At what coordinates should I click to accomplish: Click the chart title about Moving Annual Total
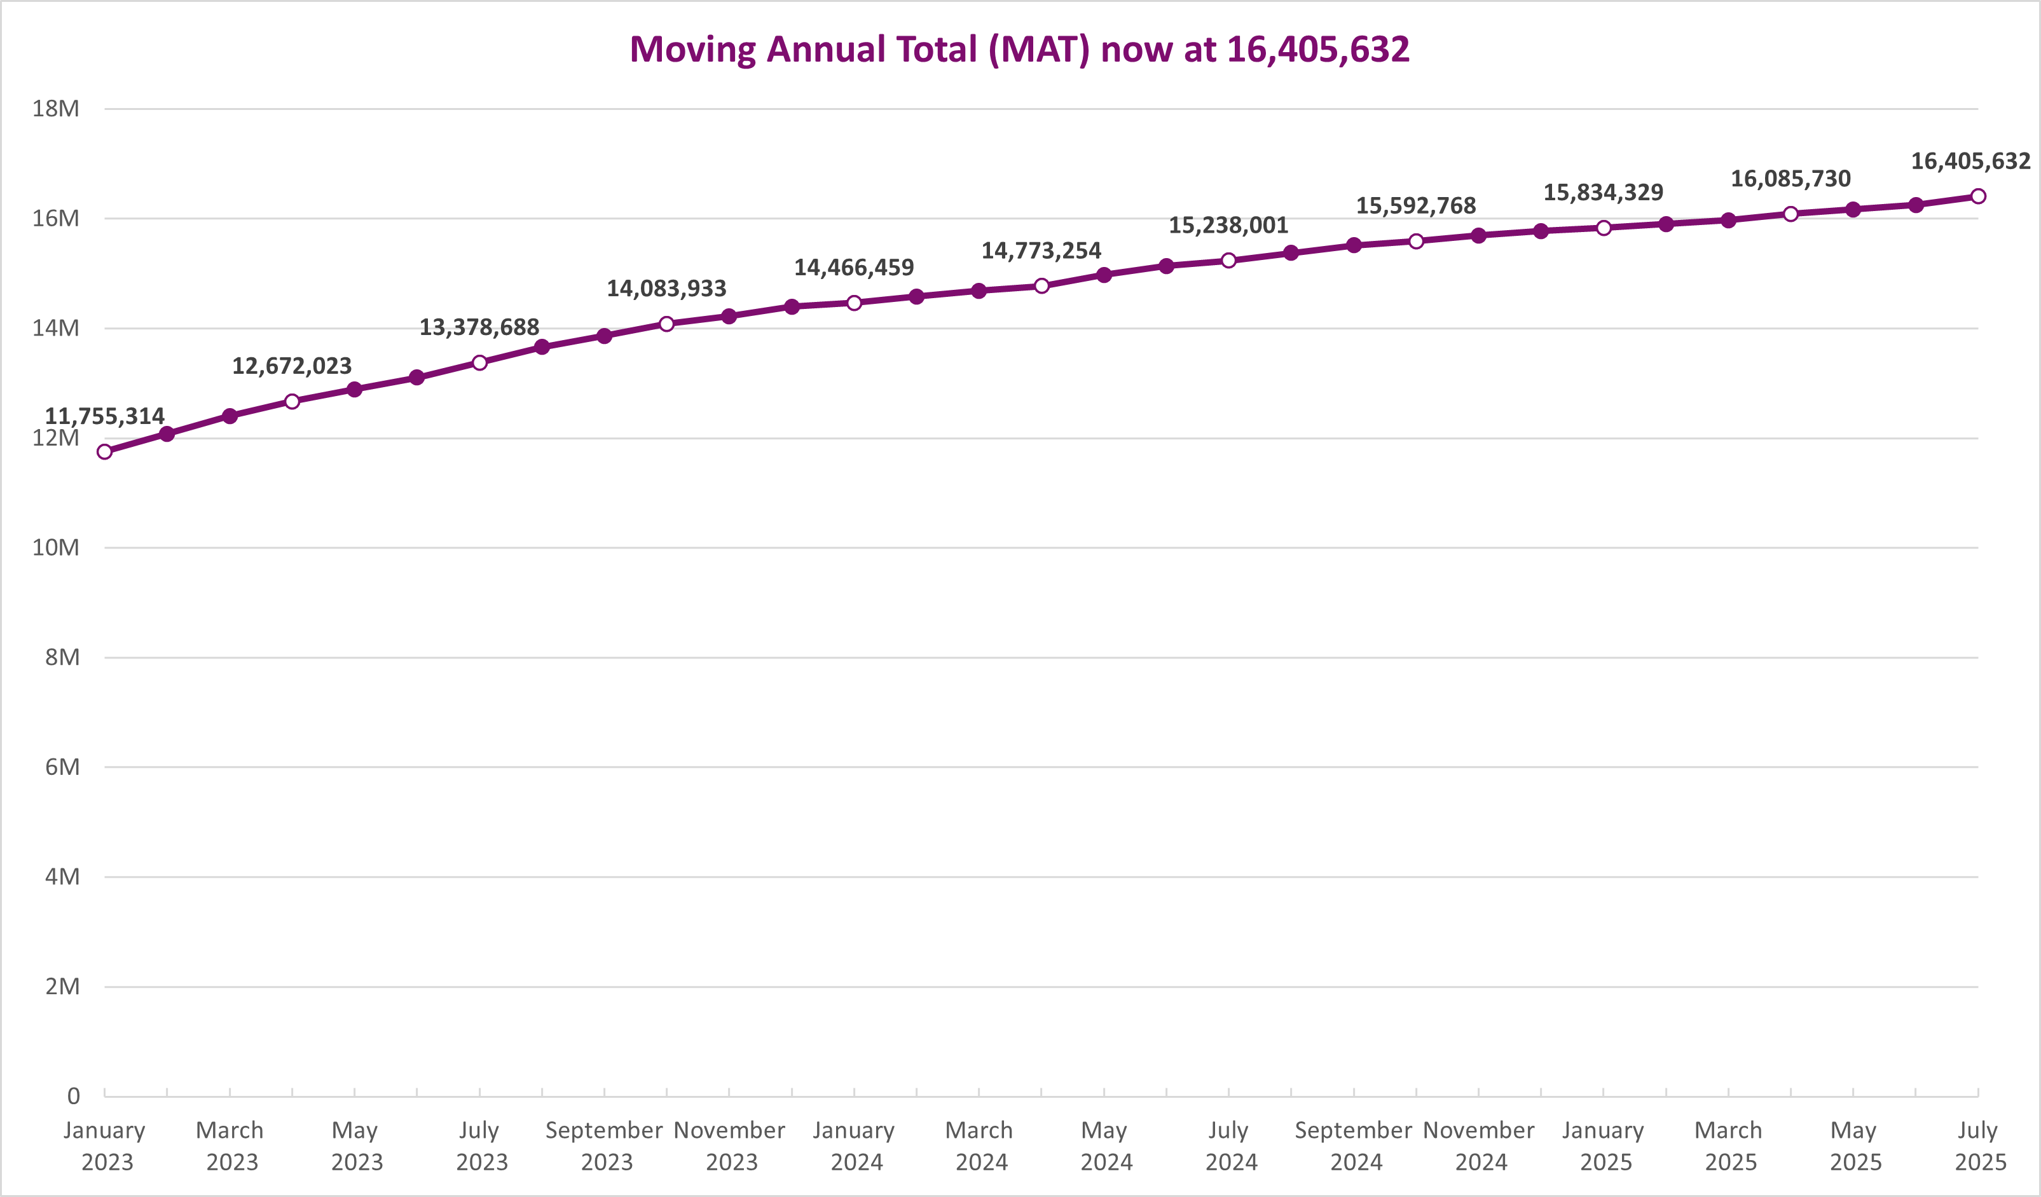(x=1020, y=50)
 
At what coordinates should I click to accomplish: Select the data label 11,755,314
(x=104, y=416)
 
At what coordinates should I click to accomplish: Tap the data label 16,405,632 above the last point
(x=1970, y=161)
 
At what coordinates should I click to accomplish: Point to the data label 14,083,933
(x=666, y=289)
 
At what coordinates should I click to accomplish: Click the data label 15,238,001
(x=1228, y=225)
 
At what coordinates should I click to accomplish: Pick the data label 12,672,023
(x=292, y=366)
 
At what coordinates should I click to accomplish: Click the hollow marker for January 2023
(x=104, y=452)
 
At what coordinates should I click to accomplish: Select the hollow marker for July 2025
(x=1978, y=196)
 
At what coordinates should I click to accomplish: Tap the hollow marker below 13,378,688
(x=479, y=363)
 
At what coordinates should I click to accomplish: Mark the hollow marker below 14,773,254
(x=1041, y=286)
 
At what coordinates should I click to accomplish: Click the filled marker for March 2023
(x=230, y=416)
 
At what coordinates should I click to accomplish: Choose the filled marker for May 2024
(x=1104, y=275)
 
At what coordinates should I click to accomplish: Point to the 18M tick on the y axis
(x=56, y=109)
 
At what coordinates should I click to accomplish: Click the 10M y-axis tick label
(x=56, y=547)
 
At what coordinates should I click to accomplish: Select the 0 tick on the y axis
(x=74, y=1097)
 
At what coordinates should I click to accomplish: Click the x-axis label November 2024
(x=1479, y=1146)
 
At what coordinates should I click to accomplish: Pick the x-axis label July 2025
(x=1979, y=1146)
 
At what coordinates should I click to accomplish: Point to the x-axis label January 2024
(x=855, y=1146)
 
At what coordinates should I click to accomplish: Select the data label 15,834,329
(x=1603, y=193)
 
